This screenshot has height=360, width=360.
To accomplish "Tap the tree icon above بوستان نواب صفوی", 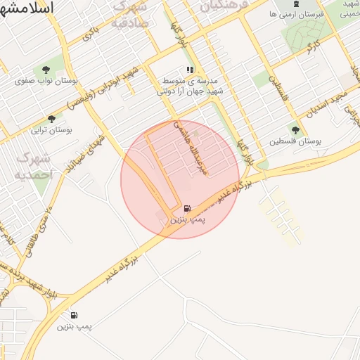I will coord(46,70).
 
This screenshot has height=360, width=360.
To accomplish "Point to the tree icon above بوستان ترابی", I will coord(51,119).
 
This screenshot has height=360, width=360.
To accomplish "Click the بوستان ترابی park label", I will coord(47,130).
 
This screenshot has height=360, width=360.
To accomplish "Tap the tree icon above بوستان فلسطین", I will coord(295,130).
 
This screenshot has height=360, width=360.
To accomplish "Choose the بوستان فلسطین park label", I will coord(295,141).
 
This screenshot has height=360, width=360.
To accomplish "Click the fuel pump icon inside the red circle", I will coord(186,208).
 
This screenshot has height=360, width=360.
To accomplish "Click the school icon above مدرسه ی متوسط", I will coord(189,70).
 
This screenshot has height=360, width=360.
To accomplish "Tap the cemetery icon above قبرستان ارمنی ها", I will coord(295,4).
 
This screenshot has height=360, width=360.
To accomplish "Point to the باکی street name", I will coord(87,32).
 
